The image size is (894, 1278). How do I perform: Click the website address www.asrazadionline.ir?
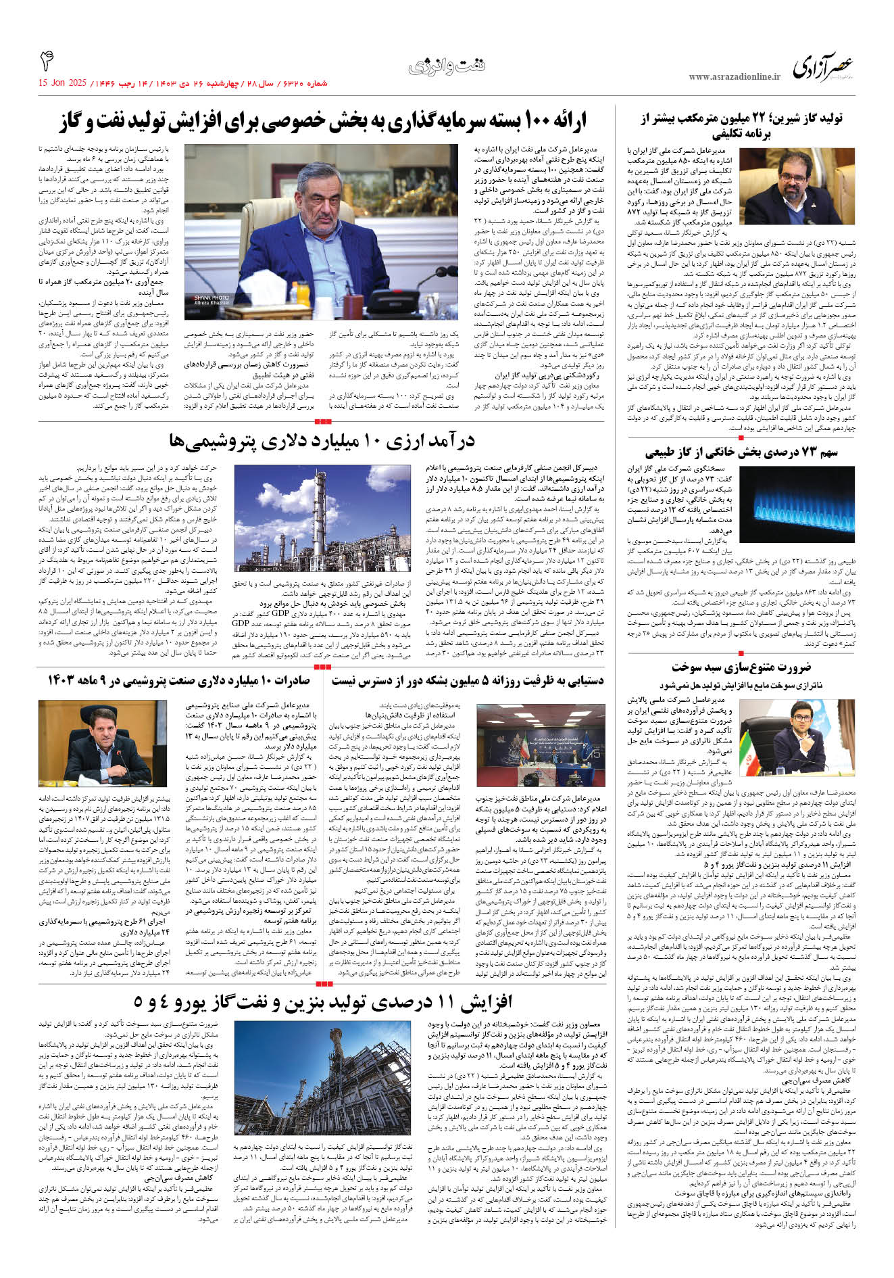click(734, 77)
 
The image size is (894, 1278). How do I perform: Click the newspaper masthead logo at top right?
click(823, 67)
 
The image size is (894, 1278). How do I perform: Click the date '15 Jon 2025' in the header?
click(62, 83)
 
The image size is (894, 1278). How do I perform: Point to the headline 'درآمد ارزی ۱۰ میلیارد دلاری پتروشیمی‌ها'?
click(322, 442)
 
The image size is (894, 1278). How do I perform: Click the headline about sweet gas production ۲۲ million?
click(741, 126)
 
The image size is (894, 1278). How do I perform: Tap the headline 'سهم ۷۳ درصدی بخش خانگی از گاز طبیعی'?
click(741, 452)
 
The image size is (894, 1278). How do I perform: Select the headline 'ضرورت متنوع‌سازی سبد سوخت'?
click(741, 667)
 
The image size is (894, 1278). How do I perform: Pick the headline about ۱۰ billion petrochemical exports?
click(178, 680)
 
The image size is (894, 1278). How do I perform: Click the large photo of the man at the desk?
click(287, 223)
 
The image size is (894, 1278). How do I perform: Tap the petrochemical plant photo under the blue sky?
click(322, 518)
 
